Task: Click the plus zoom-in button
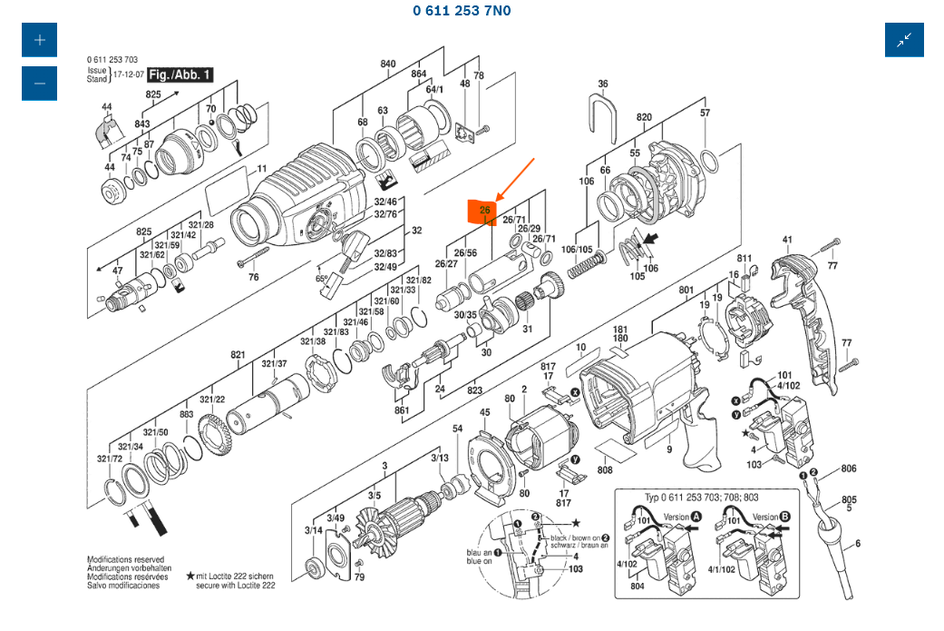[x=39, y=40]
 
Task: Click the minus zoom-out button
[x=39, y=84]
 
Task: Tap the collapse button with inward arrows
[x=904, y=40]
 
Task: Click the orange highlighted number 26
[x=484, y=211]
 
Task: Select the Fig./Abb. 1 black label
[x=180, y=74]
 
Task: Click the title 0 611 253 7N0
[x=462, y=11]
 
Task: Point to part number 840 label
[x=388, y=64]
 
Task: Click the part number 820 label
[x=644, y=117]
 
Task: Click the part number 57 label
[x=705, y=113]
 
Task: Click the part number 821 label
[x=238, y=354]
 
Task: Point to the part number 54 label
[x=458, y=429]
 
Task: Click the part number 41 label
[x=787, y=241]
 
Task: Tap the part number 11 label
[x=262, y=169]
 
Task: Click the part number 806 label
[x=848, y=469]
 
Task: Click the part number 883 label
[x=187, y=415]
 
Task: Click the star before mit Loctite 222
[x=190, y=576]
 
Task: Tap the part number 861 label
[x=403, y=411]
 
